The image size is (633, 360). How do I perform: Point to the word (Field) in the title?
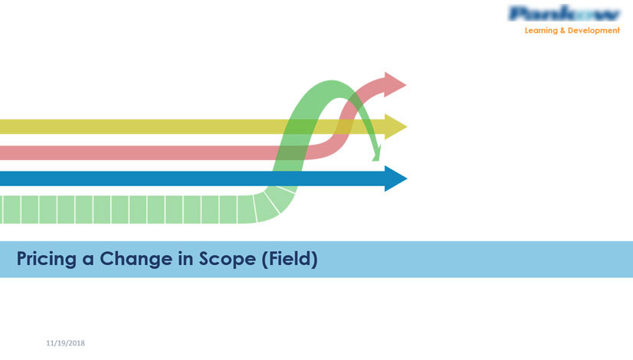pos(289,260)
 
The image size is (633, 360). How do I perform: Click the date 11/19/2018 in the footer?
pos(65,343)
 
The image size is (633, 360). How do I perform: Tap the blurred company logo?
pos(564,14)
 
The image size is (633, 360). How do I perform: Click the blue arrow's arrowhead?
pos(395,178)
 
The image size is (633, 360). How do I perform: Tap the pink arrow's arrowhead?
pos(395,83)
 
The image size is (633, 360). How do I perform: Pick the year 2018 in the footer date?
pos(76,343)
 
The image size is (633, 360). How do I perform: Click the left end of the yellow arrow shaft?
pos(3,126)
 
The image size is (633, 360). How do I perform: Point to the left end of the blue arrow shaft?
pos(3,178)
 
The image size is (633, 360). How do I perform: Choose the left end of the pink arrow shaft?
pos(3,152)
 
